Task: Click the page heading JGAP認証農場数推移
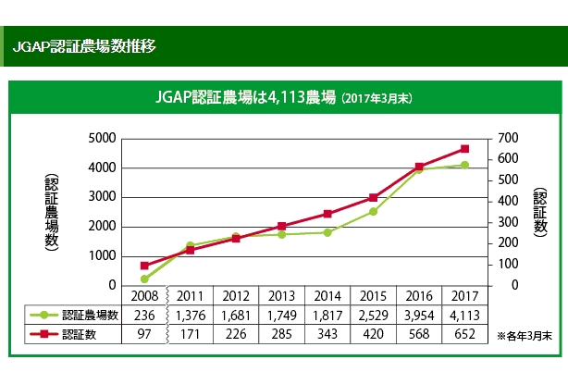(x=84, y=45)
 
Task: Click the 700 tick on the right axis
(x=509, y=138)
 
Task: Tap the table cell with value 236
(x=144, y=315)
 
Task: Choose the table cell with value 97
(x=144, y=333)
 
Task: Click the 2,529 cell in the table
(x=373, y=315)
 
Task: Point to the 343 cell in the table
(x=327, y=333)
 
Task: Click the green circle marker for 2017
(x=464, y=165)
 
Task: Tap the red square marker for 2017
(x=464, y=148)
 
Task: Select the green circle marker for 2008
(x=144, y=279)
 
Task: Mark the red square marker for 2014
(x=327, y=214)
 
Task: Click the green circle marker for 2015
(x=373, y=212)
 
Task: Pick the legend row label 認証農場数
(x=89, y=315)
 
